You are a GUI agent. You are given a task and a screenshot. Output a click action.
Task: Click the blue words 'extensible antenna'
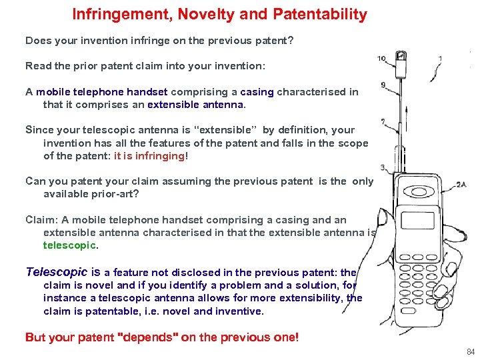[196, 104]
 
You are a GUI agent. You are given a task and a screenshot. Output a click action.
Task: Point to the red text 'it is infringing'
[149, 155]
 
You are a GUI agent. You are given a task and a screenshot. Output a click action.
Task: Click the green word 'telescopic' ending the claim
[69, 245]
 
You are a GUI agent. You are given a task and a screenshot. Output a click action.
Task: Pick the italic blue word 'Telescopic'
[56, 272]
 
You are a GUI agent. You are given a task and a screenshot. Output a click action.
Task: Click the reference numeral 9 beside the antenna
[383, 85]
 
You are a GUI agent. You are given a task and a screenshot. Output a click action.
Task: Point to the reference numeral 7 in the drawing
[383, 122]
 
